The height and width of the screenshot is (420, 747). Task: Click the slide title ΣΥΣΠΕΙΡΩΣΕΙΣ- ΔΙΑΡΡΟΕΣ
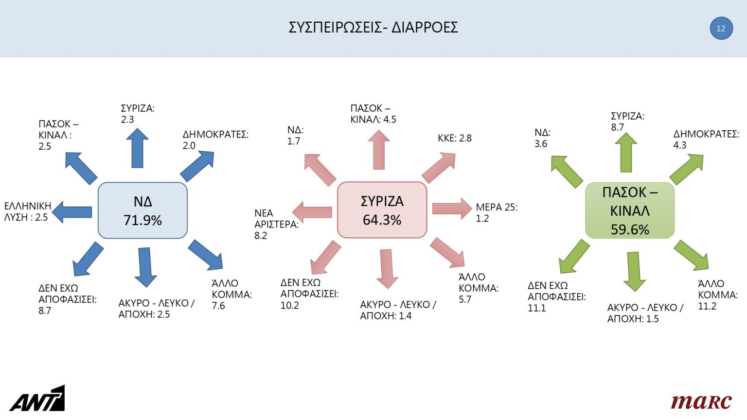[x=373, y=27]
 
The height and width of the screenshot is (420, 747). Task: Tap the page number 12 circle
[x=721, y=28]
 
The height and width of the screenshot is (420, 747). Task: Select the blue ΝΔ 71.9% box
[x=142, y=210]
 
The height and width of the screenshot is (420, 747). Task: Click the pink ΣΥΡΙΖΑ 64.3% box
[x=382, y=210]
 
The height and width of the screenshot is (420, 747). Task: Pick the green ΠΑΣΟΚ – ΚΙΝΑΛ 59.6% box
[x=630, y=210]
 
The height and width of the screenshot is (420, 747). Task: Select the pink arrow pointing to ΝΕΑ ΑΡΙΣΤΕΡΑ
[x=312, y=212]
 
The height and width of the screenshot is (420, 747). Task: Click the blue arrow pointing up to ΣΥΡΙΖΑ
[x=137, y=148]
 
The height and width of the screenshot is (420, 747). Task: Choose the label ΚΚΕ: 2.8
[x=454, y=138]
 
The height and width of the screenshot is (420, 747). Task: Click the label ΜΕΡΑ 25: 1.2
[x=496, y=213]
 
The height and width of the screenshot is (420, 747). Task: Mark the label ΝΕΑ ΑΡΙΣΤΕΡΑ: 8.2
[x=276, y=224]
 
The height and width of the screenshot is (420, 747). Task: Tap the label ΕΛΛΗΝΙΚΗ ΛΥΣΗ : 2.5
[x=27, y=211]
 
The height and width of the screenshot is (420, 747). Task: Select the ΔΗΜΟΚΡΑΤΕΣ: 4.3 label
[x=706, y=140]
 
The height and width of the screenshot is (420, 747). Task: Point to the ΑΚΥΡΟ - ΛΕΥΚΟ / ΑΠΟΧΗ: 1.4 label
[x=398, y=310]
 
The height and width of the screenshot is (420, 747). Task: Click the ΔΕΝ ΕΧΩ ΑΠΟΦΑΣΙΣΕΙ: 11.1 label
[x=556, y=297]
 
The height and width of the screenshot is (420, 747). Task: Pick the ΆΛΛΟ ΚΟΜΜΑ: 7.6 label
[x=231, y=295]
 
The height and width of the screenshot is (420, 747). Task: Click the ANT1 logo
[x=37, y=399]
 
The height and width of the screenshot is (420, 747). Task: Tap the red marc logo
[x=701, y=401]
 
